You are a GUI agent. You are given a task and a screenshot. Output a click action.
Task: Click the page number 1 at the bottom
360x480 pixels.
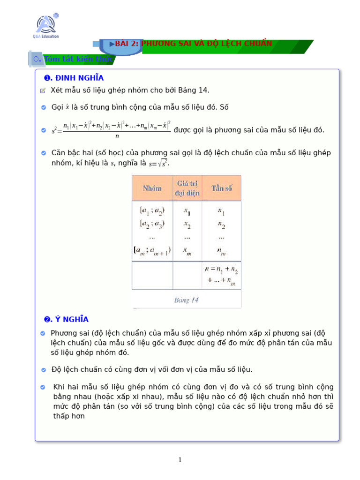point(180,460)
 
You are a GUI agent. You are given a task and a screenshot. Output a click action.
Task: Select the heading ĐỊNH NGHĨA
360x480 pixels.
point(74,78)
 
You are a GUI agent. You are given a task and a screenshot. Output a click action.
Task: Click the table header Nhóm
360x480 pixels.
point(152,188)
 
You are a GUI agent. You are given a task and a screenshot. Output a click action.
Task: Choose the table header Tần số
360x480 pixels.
point(221,188)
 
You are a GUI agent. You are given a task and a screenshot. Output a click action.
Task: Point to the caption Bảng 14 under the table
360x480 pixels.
point(186,300)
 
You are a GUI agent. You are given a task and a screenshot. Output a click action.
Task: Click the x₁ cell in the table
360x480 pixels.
point(187,212)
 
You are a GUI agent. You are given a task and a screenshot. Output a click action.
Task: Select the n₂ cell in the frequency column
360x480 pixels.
point(221,225)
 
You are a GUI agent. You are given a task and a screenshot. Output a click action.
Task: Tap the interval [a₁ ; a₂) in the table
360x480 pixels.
point(152,211)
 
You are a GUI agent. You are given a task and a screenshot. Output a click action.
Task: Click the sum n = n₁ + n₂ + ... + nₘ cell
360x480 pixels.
point(221,275)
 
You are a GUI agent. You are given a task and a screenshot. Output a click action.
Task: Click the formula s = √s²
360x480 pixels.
point(158,164)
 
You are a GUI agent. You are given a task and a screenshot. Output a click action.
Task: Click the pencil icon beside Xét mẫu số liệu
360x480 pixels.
point(43,90)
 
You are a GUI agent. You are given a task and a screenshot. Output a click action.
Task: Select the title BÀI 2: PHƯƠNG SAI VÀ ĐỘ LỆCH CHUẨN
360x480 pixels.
point(193,44)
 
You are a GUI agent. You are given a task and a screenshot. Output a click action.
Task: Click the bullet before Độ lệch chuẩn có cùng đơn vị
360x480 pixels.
point(44,370)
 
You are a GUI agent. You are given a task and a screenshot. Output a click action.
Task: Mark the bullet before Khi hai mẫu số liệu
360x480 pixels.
point(43,387)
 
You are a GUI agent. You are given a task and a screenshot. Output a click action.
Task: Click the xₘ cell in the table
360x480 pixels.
point(187,251)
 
